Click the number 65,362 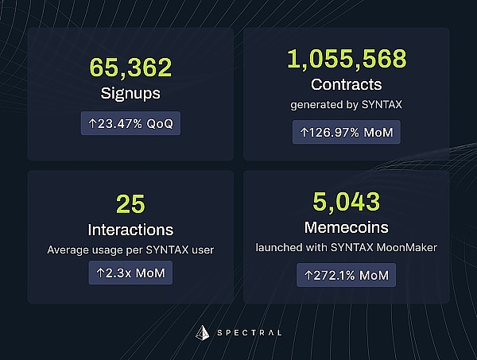pyautogui.click(x=130, y=68)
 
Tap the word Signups pyautogui.click(x=130, y=93)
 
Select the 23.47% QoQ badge pyautogui.click(x=131, y=124)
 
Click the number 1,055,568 pyautogui.click(x=346, y=59)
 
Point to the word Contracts pyautogui.click(x=346, y=83)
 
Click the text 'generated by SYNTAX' pyautogui.click(x=346, y=104)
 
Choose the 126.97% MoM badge pyautogui.click(x=346, y=132)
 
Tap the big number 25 pyautogui.click(x=130, y=205)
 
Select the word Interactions pyautogui.click(x=130, y=230)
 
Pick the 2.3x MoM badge pyautogui.click(x=130, y=273)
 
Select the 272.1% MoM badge pyautogui.click(x=346, y=276)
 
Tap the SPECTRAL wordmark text pyautogui.click(x=247, y=332)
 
